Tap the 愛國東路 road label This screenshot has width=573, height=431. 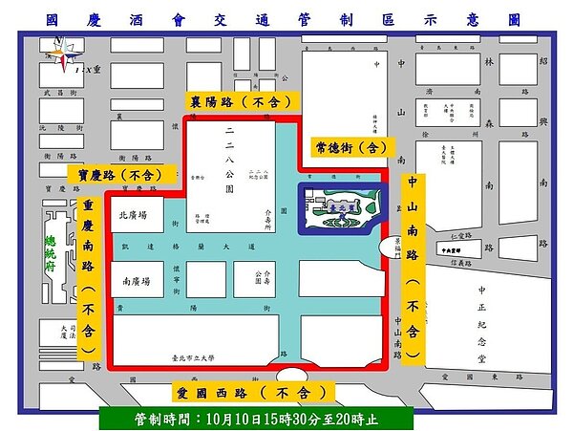click(477, 377)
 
